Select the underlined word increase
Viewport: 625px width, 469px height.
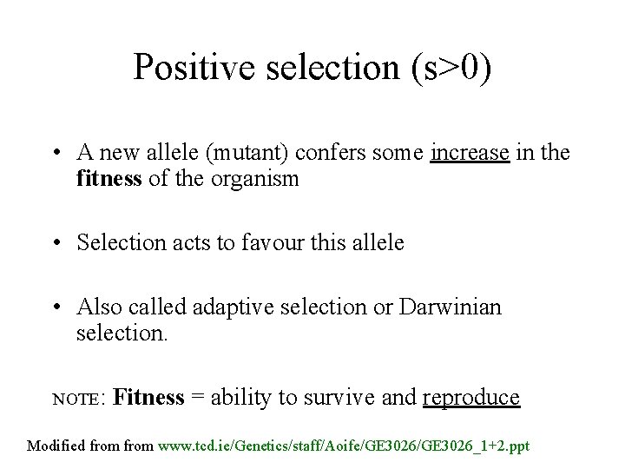(x=470, y=154)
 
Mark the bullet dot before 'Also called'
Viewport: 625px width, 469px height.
(x=55, y=307)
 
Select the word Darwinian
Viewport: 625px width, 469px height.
(x=451, y=307)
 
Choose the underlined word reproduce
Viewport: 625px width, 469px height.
(x=471, y=398)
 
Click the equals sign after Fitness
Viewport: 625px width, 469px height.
(x=197, y=398)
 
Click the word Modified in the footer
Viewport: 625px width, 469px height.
(x=58, y=446)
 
